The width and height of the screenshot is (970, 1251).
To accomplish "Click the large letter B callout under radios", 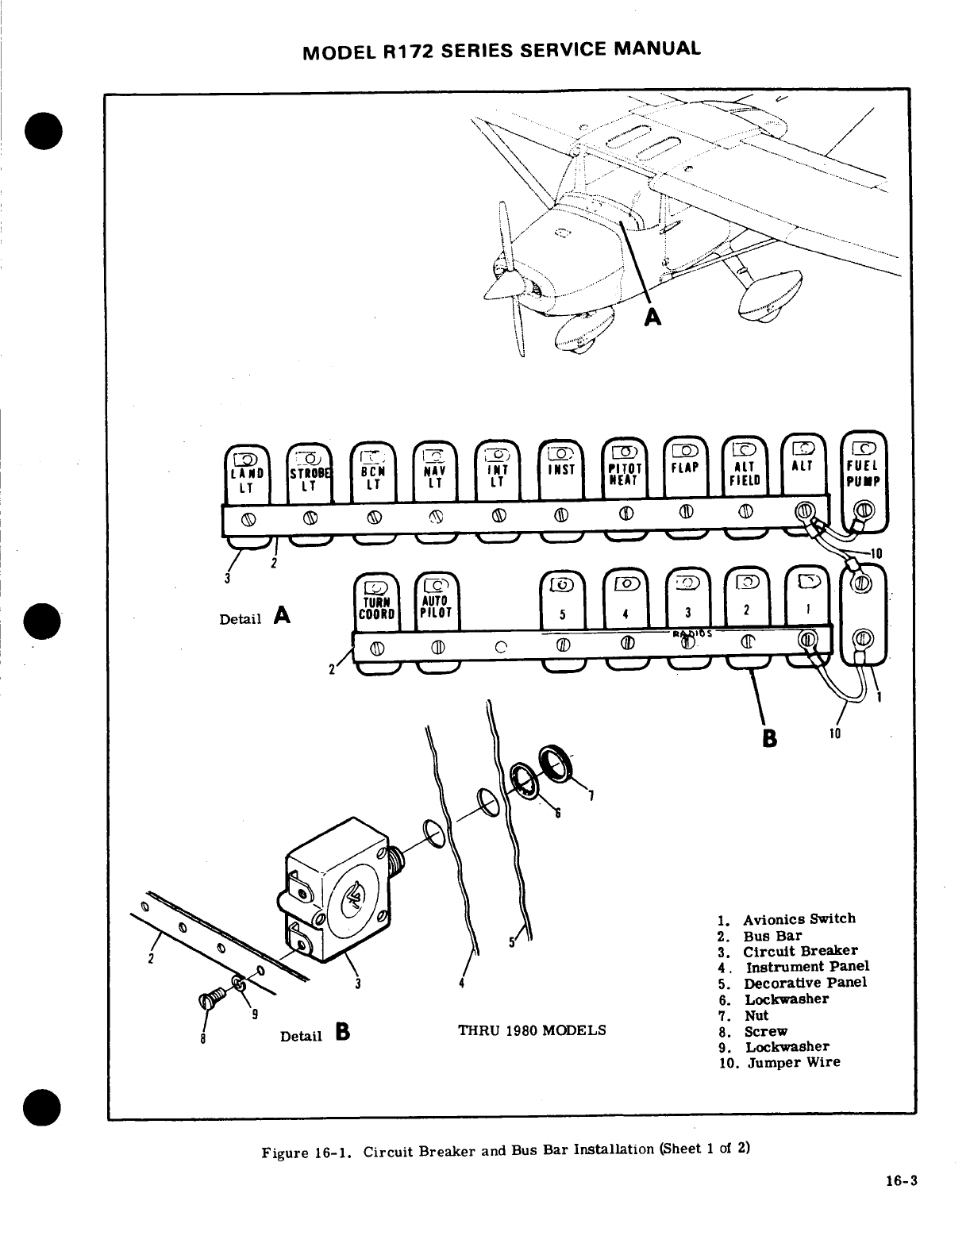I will (x=768, y=738).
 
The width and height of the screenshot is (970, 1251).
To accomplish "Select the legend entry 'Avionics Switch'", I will (x=799, y=918).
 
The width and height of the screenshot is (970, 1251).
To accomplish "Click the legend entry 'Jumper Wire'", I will (x=791, y=1062).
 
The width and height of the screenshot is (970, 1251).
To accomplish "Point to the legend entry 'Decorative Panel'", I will (x=804, y=982).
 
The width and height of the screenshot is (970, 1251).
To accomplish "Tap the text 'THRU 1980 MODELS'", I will (x=532, y=1030).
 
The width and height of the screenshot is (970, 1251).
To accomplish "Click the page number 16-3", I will (x=901, y=1180).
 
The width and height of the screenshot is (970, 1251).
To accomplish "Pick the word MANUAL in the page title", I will (x=656, y=49).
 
